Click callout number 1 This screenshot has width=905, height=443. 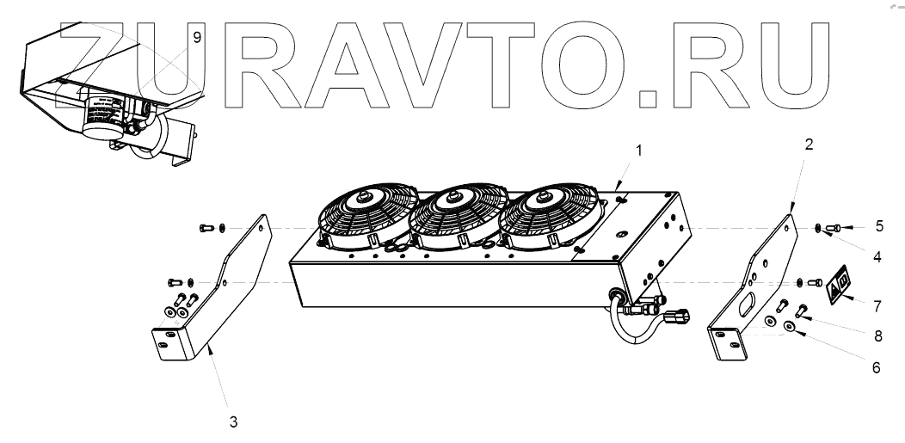point(638,150)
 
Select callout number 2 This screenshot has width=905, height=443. point(809,144)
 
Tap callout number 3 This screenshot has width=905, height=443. point(232,421)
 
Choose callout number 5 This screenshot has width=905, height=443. point(878,227)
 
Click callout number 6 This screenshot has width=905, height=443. point(877,367)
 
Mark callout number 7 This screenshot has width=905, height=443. point(877,305)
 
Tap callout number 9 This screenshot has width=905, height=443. point(197,37)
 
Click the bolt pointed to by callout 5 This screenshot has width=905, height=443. point(833,228)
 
